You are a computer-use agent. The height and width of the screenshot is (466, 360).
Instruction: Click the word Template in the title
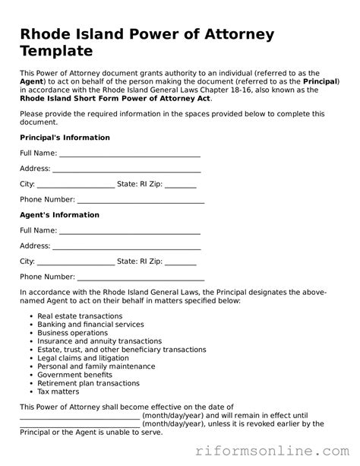56,52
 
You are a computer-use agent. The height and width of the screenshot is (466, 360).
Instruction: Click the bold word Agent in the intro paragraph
32,81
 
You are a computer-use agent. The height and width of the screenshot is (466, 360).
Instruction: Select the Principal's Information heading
65,138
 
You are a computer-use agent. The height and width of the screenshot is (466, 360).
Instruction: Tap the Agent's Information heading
59,215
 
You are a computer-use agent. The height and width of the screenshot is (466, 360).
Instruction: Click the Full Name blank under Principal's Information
129,154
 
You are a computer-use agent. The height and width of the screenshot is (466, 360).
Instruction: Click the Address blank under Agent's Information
126,247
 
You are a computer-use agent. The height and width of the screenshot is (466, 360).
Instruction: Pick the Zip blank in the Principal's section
180,185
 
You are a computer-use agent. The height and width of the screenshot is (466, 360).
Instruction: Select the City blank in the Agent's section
75,262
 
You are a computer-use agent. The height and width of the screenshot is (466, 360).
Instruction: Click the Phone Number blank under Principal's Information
141,201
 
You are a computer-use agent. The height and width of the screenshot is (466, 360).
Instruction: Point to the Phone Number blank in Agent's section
141,278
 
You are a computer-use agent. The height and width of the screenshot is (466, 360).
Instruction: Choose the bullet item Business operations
73,333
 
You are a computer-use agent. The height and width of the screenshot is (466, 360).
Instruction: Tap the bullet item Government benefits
74,375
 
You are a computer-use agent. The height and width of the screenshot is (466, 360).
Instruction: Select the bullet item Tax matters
58,392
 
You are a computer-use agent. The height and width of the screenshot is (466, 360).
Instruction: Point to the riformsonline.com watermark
277,449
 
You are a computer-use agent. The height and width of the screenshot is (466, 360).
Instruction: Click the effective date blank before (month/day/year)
80,416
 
